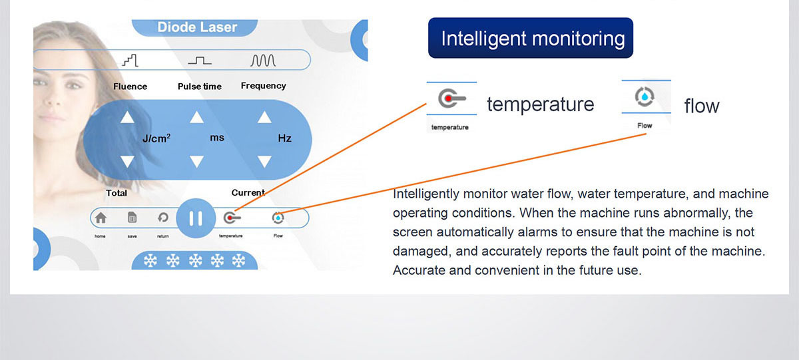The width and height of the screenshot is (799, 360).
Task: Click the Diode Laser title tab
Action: (194, 27)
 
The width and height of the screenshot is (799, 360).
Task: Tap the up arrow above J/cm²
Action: (127, 117)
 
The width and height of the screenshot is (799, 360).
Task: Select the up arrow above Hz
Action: (264, 117)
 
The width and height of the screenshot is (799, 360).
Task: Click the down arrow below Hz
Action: (264, 162)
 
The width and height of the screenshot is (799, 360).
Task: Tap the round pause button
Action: (196, 218)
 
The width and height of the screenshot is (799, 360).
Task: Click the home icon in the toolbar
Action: (101, 218)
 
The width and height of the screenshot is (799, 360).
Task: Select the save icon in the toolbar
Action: (132, 218)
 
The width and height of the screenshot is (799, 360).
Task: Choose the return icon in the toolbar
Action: (163, 218)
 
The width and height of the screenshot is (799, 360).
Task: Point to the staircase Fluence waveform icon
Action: (131, 61)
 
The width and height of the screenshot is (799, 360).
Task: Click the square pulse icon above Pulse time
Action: (200, 61)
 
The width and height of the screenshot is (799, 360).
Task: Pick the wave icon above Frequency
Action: (263, 61)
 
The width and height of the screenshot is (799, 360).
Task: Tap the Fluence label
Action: (131, 87)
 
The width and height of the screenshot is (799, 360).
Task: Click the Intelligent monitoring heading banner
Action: (531, 38)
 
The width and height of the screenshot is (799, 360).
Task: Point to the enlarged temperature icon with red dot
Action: (451, 98)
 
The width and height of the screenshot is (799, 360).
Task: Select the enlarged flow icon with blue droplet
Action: (645, 96)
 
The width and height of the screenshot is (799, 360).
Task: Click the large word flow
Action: (702, 106)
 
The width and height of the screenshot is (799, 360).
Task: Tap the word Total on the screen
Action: (117, 193)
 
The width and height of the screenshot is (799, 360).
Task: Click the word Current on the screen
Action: (248, 193)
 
